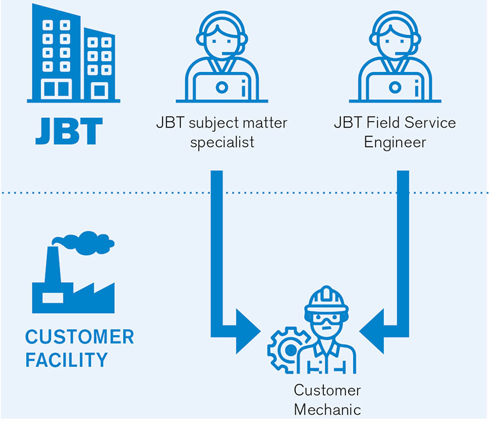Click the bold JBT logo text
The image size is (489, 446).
[68, 131]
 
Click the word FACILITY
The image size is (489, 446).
[66, 360]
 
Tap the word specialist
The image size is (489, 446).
[221, 141]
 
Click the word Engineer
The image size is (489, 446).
[395, 141]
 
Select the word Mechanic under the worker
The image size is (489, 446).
[327, 409]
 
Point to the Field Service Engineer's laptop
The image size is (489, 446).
[397, 88]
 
